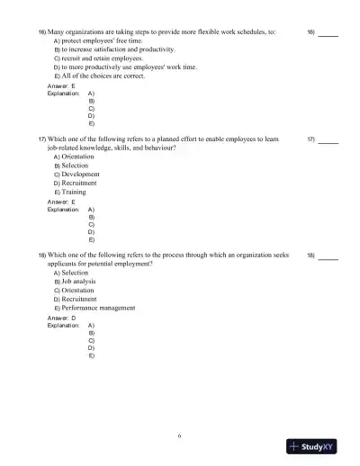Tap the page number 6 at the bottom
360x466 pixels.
coord(180,435)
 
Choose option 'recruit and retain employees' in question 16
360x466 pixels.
coord(99,58)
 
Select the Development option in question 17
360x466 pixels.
coord(80,175)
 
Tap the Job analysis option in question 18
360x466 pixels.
coord(78,281)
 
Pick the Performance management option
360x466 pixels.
coord(98,307)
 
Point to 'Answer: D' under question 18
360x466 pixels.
coord(60,318)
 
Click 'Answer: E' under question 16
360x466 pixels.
coord(60,86)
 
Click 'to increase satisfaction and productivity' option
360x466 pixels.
coord(118,49)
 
